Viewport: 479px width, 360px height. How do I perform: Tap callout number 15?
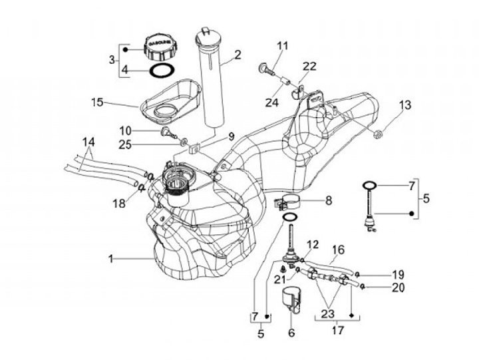(x=98, y=102)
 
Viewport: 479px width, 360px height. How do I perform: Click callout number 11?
(x=283, y=46)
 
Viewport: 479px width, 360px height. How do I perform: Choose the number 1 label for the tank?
(x=112, y=256)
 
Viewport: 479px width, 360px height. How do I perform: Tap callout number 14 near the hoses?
(x=88, y=142)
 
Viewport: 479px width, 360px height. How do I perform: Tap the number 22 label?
(x=309, y=65)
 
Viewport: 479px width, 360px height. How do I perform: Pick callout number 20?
(x=397, y=287)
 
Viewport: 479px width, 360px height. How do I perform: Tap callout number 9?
(x=232, y=137)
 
